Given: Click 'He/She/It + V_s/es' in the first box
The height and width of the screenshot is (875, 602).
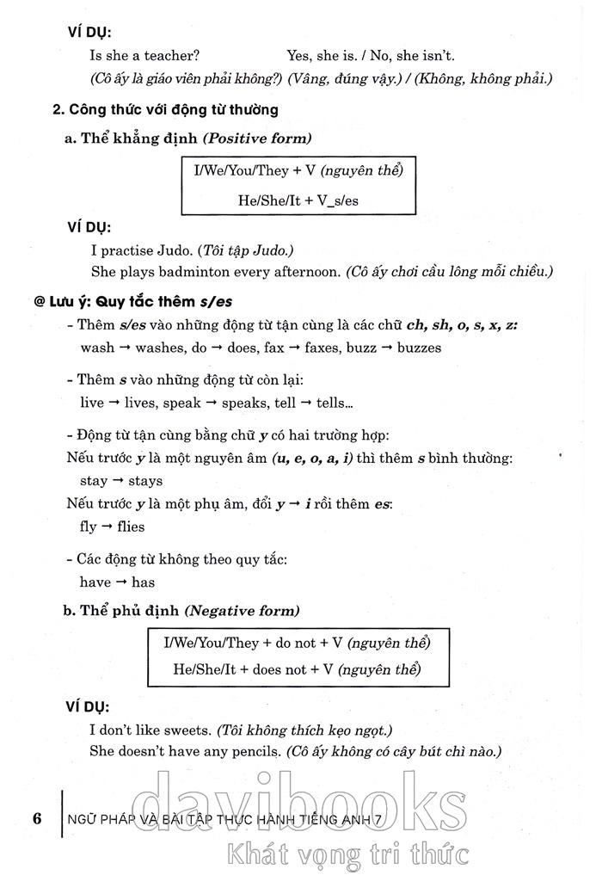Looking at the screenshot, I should tap(298, 200).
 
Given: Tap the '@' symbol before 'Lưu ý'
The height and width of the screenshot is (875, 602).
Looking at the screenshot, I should tap(40, 304).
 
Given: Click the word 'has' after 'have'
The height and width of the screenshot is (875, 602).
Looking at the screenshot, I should tap(143, 582).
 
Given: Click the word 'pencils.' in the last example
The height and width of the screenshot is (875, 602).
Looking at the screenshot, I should tap(255, 751).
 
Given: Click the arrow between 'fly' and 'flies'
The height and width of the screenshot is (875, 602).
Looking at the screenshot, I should tap(107, 526).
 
